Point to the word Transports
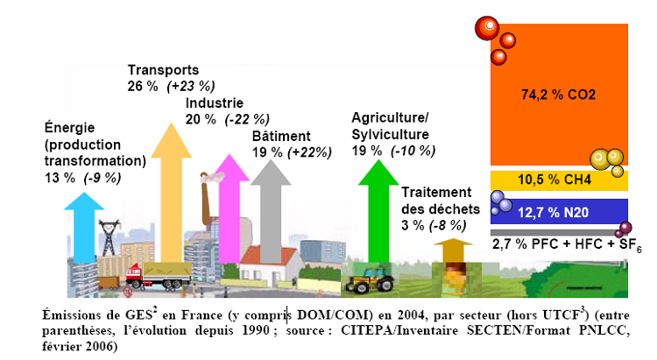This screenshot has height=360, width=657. [x=164, y=70]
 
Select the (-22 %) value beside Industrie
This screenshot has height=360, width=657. [x=247, y=119]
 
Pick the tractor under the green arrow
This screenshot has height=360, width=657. [x=364, y=283]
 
